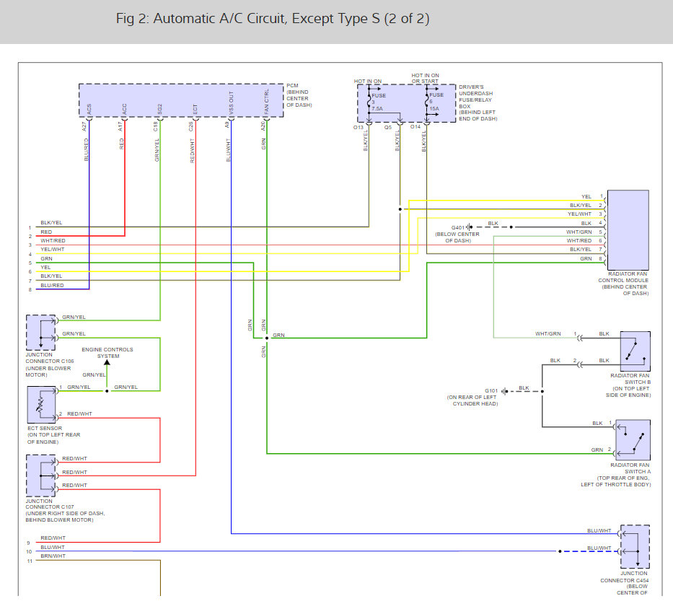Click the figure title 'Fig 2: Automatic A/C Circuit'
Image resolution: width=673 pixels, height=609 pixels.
click(273, 19)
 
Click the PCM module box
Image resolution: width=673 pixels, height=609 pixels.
click(180, 100)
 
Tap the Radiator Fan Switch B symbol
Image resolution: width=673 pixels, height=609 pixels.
click(635, 351)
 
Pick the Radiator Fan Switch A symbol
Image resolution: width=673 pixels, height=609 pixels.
click(633, 439)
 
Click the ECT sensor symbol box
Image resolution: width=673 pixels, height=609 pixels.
click(40, 404)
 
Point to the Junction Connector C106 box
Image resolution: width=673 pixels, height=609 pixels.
click(40, 332)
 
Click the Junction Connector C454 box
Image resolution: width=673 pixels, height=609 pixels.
click(635, 547)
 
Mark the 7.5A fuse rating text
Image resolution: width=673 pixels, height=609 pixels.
click(378, 109)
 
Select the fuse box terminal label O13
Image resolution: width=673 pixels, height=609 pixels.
click(359, 127)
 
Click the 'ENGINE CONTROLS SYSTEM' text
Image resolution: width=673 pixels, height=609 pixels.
click(107, 353)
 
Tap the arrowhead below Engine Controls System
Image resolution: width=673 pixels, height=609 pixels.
click(107, 362)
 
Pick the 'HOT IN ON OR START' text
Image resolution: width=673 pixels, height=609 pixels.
click(425, 78)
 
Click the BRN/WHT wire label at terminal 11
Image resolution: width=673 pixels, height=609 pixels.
click(53, 556)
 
